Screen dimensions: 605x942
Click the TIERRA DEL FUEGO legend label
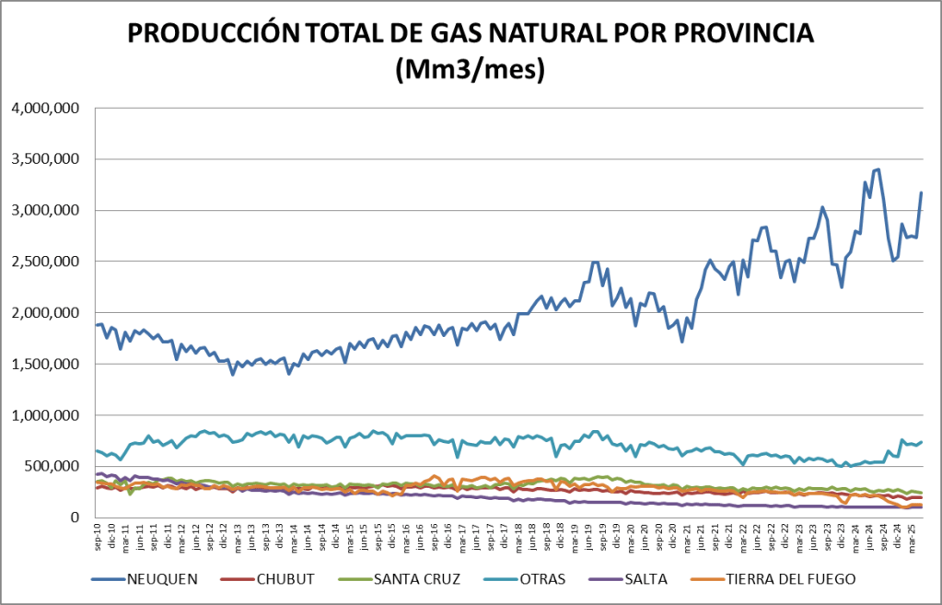pyautogui.click(x=792, y=578)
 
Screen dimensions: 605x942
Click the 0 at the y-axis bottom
pyautogui.click(x=77, y=518)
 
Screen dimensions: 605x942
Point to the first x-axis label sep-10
pyautogui.click(x=97, y=536)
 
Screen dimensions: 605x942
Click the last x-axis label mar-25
pyautogui.click(x=911, y=536)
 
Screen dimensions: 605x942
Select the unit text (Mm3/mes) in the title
pyautogui.click(x=471, y=69)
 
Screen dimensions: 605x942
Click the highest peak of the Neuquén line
pyautogui.click(x=878, y=169)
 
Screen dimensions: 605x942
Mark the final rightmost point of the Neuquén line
pyautogui.click(x=921, y=192)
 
